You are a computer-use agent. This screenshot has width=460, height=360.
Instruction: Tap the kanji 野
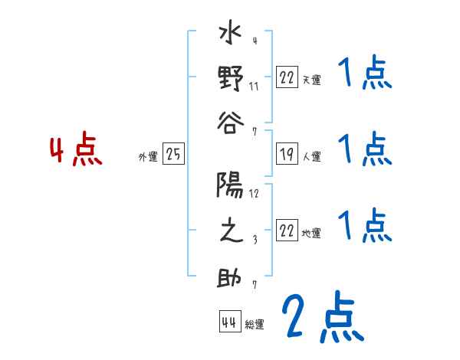(230, 79)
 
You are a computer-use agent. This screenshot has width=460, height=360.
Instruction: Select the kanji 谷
(230, 122)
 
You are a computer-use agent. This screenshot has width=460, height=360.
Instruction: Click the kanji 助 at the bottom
(230, 277)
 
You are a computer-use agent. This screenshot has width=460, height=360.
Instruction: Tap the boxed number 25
(173, 155)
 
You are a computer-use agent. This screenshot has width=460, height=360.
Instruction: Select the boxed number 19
(287, 155)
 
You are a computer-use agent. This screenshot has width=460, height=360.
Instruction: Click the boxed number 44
(229, 322)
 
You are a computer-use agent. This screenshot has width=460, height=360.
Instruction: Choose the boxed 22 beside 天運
(287, 77)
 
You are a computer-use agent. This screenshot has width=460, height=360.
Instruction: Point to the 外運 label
(147, 157)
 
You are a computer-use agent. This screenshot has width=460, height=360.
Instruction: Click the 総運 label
(255, 325)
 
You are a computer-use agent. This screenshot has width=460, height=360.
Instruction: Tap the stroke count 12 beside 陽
(254, 193)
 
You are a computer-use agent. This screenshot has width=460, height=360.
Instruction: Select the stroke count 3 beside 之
(254, 238)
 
